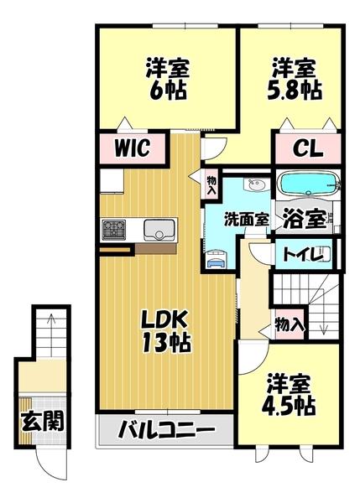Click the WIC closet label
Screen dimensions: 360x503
[133, 148]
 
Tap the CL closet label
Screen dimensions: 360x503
[307, 148]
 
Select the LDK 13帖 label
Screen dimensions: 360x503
[166, 333]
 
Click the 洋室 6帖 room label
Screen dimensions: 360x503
[168, 79]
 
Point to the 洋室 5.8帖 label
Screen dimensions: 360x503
[295, 79]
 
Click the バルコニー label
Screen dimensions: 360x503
[166, 430]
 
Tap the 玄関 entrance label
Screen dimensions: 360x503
[42, 421]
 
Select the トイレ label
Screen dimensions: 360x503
[302, 255]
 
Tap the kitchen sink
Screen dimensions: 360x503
[159, 230]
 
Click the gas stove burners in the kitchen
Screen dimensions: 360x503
[113, 230]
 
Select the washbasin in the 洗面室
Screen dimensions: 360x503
[255, 184]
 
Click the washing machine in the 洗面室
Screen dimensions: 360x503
[217, 259]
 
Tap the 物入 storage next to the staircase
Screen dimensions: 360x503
[290, 324]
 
